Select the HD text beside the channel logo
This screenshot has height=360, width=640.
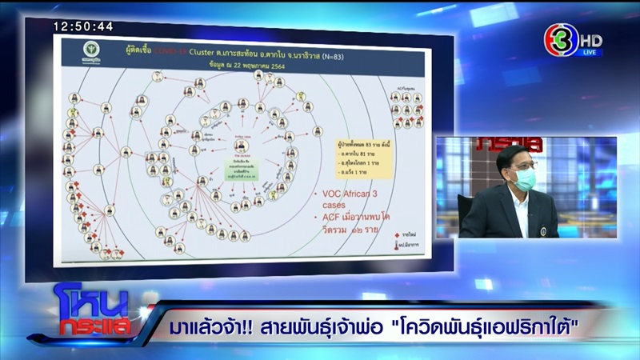tap(592, 39)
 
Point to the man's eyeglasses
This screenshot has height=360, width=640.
tap(520, 165)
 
